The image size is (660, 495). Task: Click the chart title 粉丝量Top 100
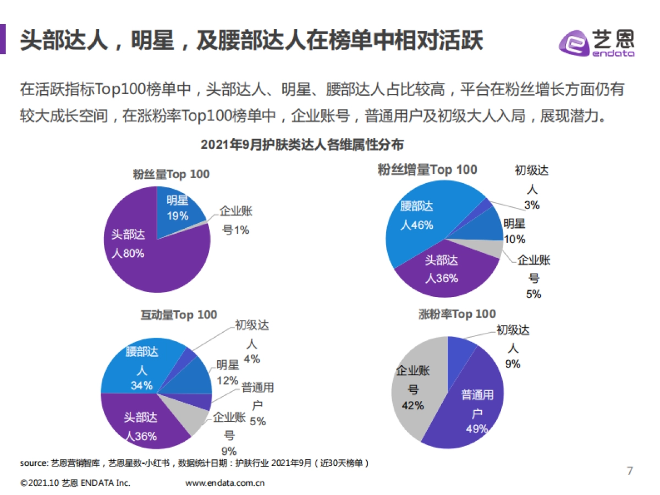click(x=171, y=174)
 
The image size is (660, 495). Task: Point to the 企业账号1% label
click(x=235, y=220)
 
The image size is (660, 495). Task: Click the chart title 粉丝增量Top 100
click(x=427, y=169)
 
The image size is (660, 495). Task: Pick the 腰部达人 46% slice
click(x=418, y=220)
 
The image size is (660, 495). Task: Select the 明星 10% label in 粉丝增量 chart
click(x=515, y=231)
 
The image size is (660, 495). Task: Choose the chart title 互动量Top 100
click(x=179, y=315)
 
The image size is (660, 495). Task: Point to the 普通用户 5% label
click(x=257, y=404)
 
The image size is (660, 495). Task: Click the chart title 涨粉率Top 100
click(x=457, y=314)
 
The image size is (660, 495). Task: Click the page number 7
click(x=630, y=471)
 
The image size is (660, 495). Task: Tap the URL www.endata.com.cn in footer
click(x=226, y=483)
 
